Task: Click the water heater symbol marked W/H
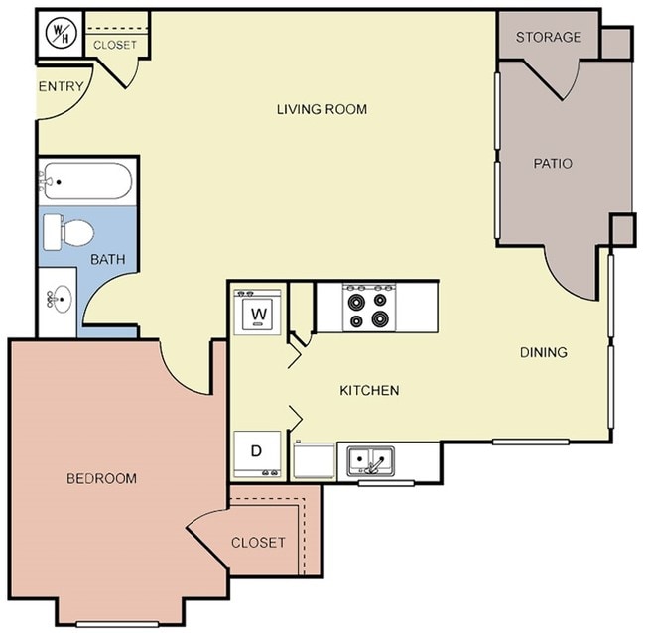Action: coord(60,32)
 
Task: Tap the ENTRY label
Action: coord(60,87)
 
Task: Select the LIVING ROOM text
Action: coord(322,109)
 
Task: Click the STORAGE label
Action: coord(549,38)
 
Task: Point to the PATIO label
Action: coord(553,164)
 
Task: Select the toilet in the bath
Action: coord(69,233)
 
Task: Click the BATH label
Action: coord(107,260)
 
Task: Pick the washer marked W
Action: coord(259,314)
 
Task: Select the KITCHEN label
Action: coord(369,390)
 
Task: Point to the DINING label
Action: coord(544,352)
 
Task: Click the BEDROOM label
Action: coord(101,478)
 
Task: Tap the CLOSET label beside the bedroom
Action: coord(258,543)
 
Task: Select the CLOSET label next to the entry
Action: coord(115,45)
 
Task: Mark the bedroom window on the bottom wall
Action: coord(117,622)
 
